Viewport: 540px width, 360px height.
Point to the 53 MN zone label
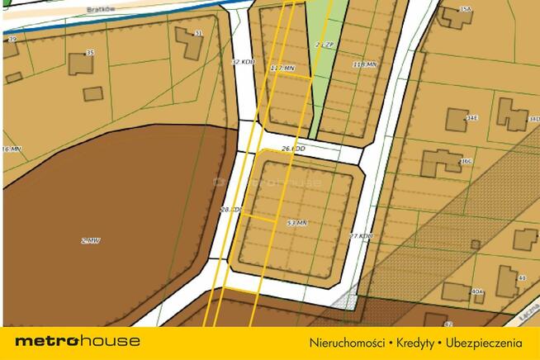(x=296, y=223)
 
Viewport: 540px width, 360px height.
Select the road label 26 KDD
(x=293, y=149)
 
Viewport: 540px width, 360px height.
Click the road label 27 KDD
(x=361, y=236)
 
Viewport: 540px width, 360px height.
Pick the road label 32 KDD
(x=243, y=62)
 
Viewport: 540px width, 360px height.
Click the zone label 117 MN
(x=282, y=68)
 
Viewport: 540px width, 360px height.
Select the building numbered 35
(x=81, y=64)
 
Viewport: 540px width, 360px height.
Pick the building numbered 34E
(x=457, y=119)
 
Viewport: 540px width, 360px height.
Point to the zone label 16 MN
(x=11, y=149)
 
